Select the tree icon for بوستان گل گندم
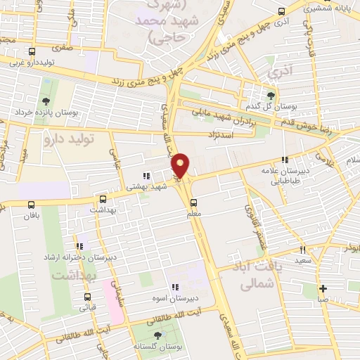pyautogui.click(x=273, y=96)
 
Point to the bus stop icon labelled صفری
pyautogui.click(x=68, y=39)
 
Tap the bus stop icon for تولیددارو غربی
pyautogui.click(x=31, y=51)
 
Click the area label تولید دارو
pyautogui.click(x=70, y=139)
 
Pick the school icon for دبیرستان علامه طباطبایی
pyautogui.click(x=284, y=160)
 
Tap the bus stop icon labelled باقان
pyautogui.click(x=30, y=205)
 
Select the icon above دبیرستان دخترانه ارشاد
pyautogui.click(x=80, y=246)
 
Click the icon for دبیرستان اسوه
pyautogui.click(x=176, y=286)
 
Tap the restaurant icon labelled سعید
pyautogui.click(x=303, y=250)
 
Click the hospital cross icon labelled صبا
pyautogui.click(x=323, y=288)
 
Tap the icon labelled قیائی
pyautogui.click(x=88, y=296)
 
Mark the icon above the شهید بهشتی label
pyautogui.click(x=146, y=176)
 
